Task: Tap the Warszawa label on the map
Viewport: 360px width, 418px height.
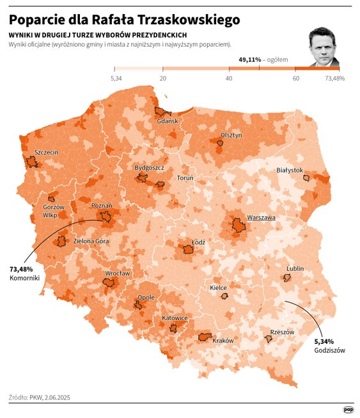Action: point(261,218)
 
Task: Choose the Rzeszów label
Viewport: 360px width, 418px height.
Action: point(282,332)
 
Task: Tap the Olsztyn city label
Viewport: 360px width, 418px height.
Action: point(231,135)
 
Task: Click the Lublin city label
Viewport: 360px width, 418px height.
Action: point(295,268)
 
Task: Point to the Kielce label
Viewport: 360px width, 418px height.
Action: point(219,288)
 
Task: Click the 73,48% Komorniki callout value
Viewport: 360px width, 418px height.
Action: point(21,269)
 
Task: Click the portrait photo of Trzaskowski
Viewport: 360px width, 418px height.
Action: point(324,48)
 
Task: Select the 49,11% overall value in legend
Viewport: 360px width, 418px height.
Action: point(250,59)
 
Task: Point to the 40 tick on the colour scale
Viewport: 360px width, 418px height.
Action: point(229,78)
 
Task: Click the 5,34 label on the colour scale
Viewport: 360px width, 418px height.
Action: point(116,78)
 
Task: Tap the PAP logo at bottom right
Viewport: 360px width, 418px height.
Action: point(348,409)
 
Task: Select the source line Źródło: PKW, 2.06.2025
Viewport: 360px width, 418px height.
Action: point(40,397)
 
